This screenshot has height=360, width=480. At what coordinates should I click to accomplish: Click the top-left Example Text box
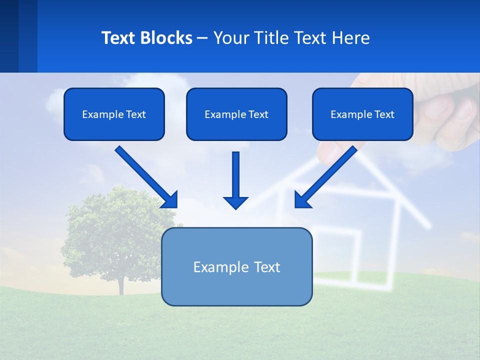[114, 114]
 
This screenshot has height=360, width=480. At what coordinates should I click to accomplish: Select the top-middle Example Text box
[236, 114]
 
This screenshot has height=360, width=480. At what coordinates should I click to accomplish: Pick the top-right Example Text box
[362, 114]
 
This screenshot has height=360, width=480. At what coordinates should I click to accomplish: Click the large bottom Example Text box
[236, 266]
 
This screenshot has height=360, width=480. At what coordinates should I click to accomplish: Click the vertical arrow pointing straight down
[235, 175]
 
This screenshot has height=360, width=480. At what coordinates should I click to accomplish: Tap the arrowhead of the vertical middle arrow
[235, 202]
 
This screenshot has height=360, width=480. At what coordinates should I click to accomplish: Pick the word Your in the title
[230, 38]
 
